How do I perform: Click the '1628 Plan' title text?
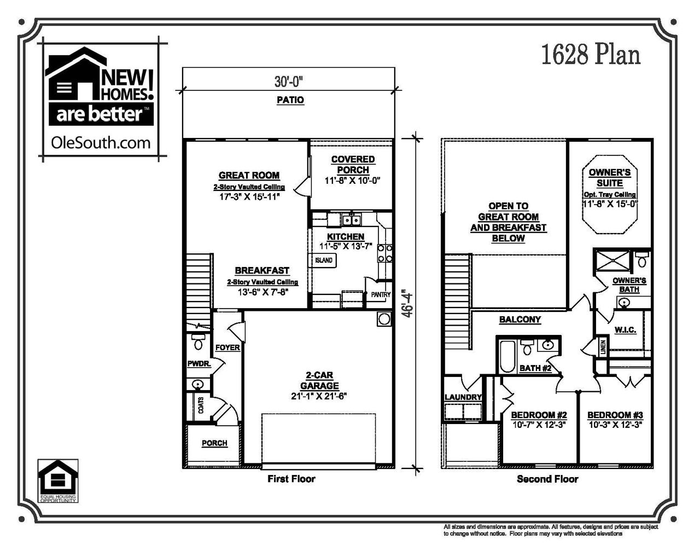pos(591,55)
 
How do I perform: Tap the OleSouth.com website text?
pos(100,143)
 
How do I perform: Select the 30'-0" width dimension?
pos(289,82)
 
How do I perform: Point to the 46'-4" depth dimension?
pos(406,303)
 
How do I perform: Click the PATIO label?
pos(289,100)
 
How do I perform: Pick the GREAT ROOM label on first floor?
pos(249,176)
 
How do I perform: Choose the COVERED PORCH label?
pos(353,165)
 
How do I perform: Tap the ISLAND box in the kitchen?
pos(324,260)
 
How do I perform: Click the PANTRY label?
pos(381,294)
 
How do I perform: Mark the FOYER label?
pos(227,347)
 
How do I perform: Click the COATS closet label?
pos(201,406)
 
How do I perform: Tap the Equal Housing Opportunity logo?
pos(57,480)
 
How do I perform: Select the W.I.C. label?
pos(625,330)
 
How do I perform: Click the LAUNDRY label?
pos(463,397)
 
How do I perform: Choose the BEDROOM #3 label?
pos(615,415)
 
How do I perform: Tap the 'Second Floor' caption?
pos(547,479)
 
